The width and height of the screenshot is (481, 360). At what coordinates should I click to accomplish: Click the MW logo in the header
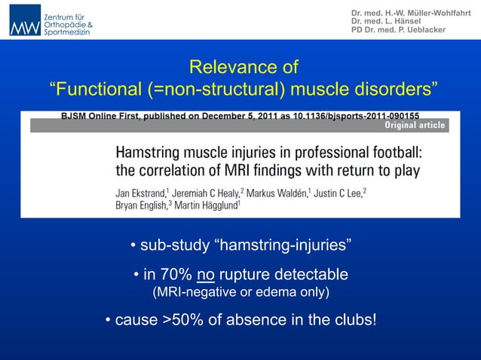pyautogui.click(x=24, y=20)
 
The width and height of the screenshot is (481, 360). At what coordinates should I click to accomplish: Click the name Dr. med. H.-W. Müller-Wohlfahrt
pyautogui.click(x=410, y=13)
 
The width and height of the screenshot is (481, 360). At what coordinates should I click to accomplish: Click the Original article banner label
pyautogui.click(x=415, y=125)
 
